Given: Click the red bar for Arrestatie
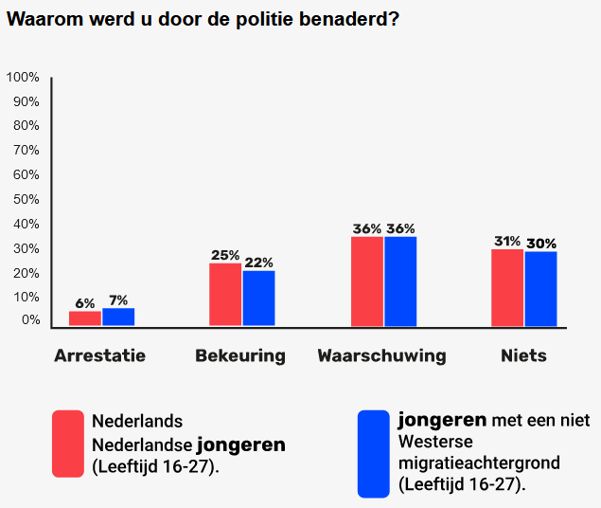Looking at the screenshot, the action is coord(85,318).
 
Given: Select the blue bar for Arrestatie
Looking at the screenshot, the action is coord(118,317).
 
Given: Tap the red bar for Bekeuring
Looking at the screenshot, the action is coord(225,295).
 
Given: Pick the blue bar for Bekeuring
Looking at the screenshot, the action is coord(258,299).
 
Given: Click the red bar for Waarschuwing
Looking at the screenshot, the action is coord(367,281).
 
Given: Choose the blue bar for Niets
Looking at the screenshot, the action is coord(540,289).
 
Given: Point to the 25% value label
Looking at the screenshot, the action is coord(225,255).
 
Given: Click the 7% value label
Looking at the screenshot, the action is coord(118,300).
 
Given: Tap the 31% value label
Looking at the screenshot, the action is coord(507,241).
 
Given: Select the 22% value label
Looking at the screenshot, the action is coord(258,263).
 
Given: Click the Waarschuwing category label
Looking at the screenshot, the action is coord(381,356).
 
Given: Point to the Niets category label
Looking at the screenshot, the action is coord(524,355).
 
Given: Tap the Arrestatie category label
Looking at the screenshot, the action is coord(100,355).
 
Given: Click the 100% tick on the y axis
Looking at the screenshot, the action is coord(23,77).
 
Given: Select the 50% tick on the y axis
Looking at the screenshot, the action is coord(27,200).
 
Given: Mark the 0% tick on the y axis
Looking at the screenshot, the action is coord(30,320).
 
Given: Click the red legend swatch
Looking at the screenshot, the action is coord(68,444).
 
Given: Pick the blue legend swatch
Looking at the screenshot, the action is coord(374,454).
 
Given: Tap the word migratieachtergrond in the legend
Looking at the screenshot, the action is coord(479,463).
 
